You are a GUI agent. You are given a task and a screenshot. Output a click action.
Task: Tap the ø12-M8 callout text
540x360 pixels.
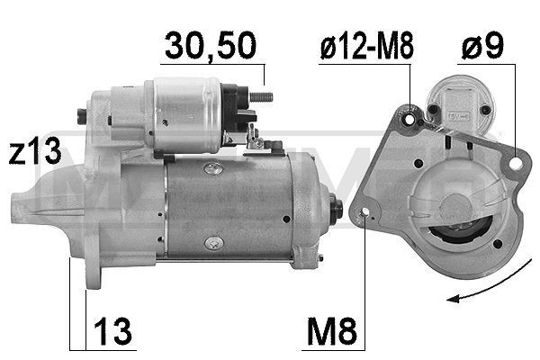367,48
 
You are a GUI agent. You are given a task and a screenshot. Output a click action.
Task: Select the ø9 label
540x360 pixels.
482,48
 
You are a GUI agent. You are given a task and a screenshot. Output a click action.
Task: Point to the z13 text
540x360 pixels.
35,153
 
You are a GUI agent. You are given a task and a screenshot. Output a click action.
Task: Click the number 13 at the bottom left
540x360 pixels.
112,331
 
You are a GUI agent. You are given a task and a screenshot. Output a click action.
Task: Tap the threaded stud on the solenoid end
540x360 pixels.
261,95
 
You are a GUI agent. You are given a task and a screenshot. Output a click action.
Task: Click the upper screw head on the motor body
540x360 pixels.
211,168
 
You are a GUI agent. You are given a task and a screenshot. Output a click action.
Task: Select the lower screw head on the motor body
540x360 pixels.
212,242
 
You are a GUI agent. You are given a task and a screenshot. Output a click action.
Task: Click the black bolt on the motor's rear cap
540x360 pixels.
337,208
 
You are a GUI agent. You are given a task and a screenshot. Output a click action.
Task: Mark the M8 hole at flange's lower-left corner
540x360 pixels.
364,214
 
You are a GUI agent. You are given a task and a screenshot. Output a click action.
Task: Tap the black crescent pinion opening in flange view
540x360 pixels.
459,235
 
